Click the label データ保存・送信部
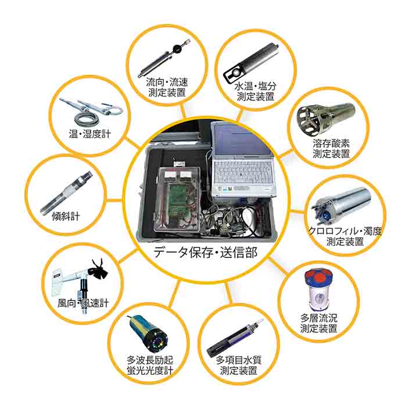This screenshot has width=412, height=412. click(x=205, y=252)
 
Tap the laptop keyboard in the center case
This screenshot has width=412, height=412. click(x=242, y=172)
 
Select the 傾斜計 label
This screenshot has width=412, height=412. click(x=66, y=217)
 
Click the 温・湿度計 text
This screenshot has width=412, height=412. click(x=90, y=134)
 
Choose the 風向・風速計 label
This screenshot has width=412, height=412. click(x=83, y=303)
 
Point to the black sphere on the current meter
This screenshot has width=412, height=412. click(x=177, y=48)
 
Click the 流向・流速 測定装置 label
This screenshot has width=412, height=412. click(x=167, y=88)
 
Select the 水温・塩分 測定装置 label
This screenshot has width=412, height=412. click(x=256, y=91)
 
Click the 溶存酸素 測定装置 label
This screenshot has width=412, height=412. click(x=331, y=148)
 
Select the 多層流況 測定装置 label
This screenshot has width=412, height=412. click(x=318, y=323)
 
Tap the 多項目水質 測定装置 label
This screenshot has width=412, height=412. click(x=239, y=366)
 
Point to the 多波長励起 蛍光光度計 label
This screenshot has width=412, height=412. click(x=150, y=366)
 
